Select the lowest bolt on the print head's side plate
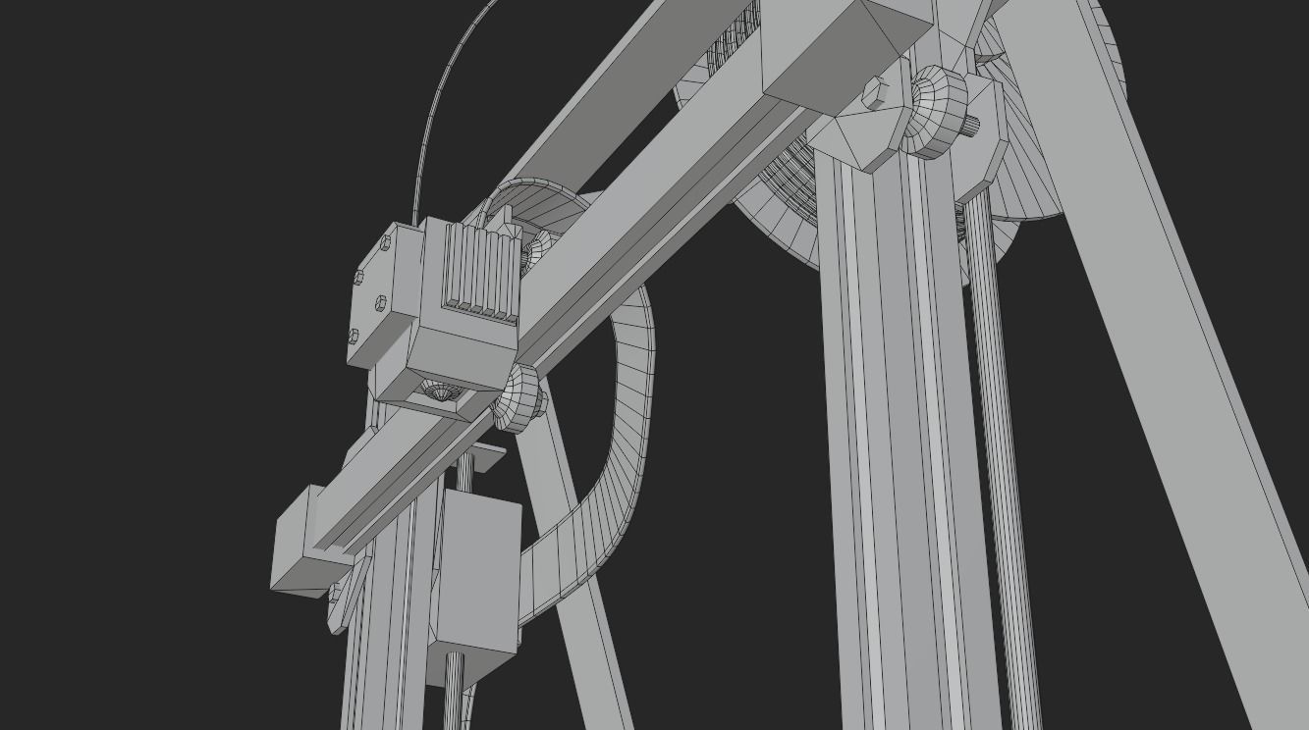354,337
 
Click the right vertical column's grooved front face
884,442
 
